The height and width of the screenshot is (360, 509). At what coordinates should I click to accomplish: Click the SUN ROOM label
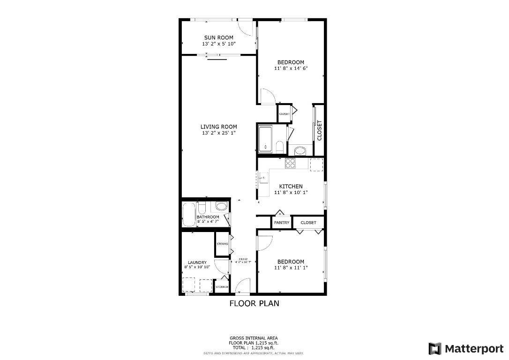218,37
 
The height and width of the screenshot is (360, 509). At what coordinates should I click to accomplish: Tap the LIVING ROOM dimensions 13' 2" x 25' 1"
218,133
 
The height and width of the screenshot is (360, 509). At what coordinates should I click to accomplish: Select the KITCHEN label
291,186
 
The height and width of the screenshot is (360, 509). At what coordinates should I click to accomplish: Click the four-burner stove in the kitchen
290,163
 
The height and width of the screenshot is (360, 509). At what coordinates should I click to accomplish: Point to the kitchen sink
263,178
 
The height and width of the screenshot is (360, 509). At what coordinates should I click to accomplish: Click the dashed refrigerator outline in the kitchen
316,165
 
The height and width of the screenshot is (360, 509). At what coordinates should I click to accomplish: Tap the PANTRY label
282,223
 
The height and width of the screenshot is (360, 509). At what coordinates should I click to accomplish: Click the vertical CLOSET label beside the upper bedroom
319,130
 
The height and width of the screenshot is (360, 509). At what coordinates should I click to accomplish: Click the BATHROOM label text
208,217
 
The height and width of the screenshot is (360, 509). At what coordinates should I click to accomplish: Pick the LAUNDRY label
197,262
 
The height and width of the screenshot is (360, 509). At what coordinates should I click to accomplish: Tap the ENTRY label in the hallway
243,259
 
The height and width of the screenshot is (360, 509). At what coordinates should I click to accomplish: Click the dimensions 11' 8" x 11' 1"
291,268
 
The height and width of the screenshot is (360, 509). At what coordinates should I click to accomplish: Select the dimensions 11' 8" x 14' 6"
291,68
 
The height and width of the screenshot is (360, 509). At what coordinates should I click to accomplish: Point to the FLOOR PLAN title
254,303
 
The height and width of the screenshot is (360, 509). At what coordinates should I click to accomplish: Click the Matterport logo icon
435,349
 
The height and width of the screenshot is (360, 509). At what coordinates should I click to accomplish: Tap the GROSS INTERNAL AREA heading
253,338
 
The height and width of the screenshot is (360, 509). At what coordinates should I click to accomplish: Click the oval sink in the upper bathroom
299,150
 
